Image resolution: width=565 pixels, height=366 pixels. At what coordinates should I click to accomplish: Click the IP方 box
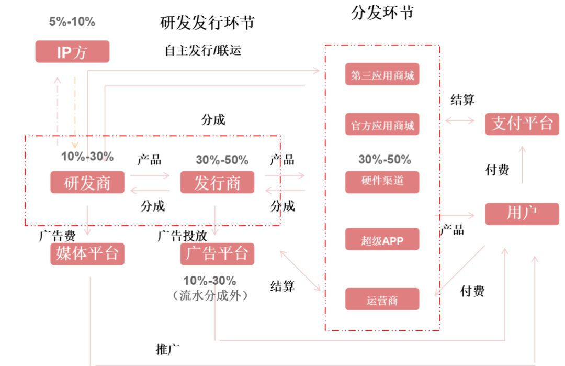[72, 52]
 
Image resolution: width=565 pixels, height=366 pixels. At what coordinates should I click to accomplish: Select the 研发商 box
[87, 182]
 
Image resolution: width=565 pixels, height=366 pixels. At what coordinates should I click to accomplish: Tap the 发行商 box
[217, 182]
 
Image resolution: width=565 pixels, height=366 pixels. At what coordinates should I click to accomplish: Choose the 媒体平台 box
[87, 254]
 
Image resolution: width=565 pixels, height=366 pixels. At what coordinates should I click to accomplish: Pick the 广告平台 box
[217, 254]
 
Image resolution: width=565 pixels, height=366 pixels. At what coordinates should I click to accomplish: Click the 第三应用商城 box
[382, 74]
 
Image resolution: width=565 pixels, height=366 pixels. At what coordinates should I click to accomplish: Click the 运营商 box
[382, 300]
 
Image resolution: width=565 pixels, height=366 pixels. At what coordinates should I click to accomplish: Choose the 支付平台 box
[522, 124]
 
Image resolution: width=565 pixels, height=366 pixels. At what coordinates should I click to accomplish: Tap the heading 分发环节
[382, 13]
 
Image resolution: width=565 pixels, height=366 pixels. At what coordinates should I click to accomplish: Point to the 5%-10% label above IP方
[72, 22]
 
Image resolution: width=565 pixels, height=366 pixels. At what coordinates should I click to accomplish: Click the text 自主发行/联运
[202, 50]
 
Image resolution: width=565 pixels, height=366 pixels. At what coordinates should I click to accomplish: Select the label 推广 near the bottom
[168, 348]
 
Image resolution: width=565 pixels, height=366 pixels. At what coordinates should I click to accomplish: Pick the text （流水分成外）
[209, 295]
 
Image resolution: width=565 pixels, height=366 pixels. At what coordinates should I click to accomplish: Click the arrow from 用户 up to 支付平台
[522, 165]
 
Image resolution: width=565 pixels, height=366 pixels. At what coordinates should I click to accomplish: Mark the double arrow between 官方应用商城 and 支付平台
[459, 121]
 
